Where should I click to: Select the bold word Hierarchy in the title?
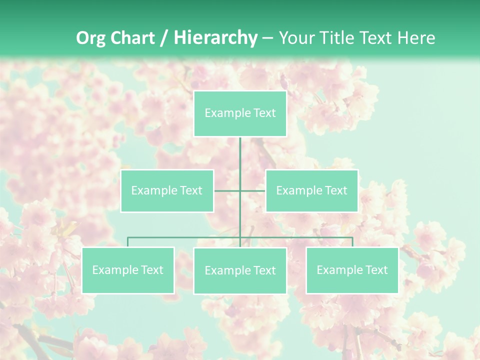point(215,38)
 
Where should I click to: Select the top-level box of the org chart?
point(240,113)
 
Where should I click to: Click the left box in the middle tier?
point(167,190)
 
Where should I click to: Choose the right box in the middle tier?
point(311,190)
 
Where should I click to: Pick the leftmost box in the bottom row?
point(128,270)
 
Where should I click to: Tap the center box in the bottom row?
point(240,270)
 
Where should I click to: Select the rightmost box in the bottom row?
point(352,270)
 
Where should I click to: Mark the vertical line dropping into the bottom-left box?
point(128,242)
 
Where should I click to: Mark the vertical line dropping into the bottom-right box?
point(352,242)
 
